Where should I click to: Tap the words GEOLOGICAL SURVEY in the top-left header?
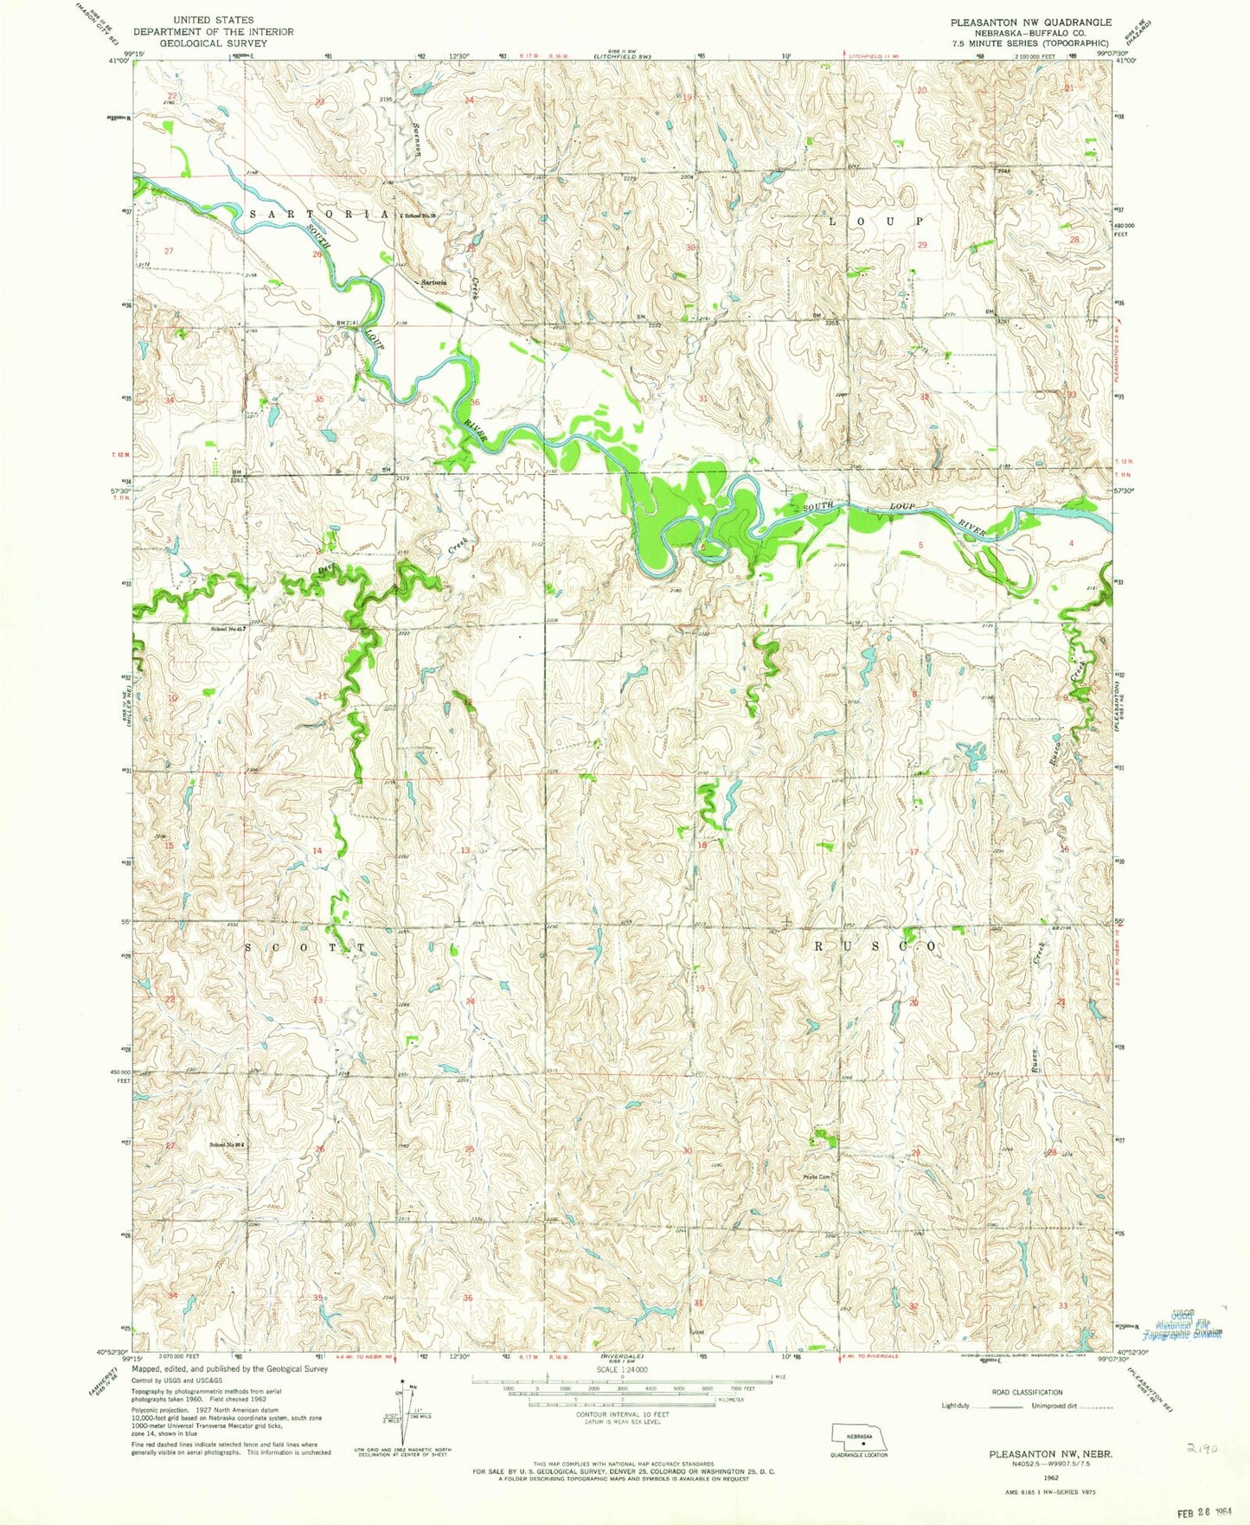point(213,42)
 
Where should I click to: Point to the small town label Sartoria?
point(433,283)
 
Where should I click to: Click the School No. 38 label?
point(420,215)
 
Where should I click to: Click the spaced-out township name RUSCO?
point(874,947)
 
